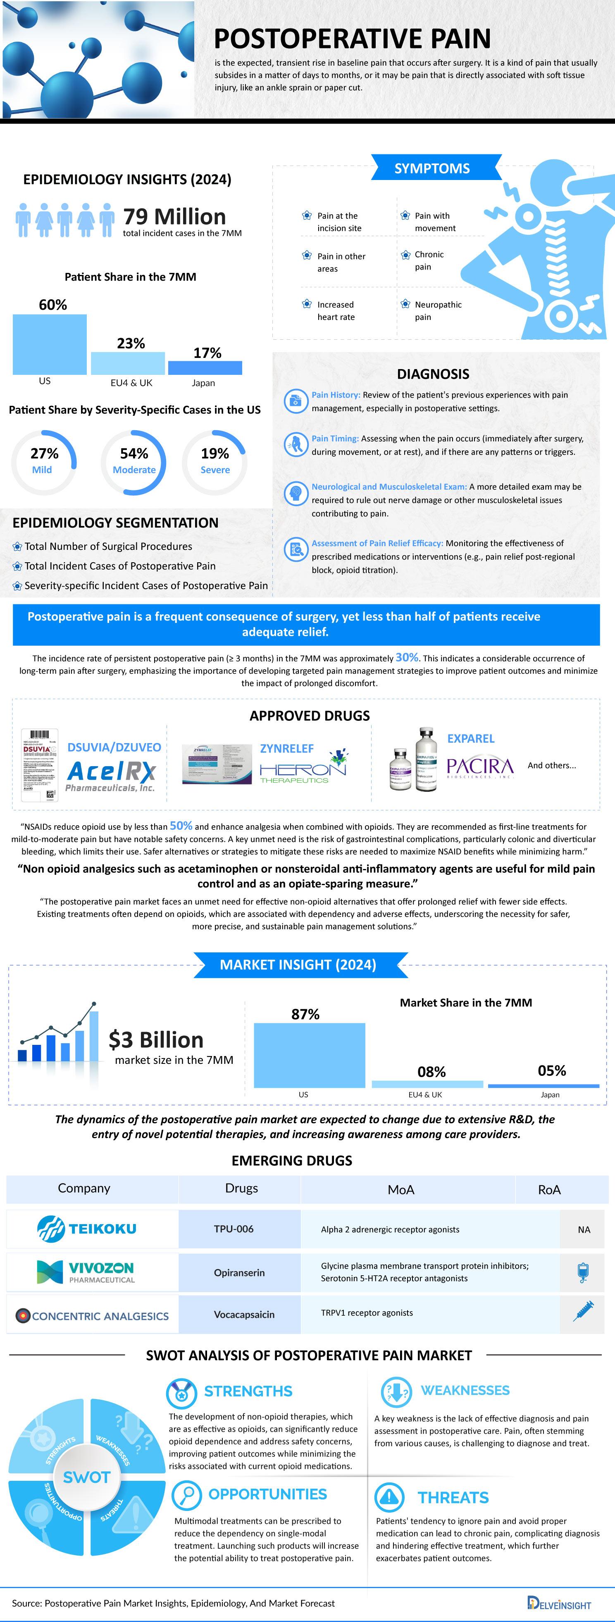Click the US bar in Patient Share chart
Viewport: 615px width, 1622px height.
tap(50, 344)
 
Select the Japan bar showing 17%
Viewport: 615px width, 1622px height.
tap(205, 368)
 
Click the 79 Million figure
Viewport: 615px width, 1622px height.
tap(174, 217)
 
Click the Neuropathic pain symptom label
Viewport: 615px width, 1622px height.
tap(438, 310)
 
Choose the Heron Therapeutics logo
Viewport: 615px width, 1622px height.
tap(303, 772)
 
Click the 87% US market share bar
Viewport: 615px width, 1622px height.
tap(310, 1055)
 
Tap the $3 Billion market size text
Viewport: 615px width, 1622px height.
tap(156, 1040)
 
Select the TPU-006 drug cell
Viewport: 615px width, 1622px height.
tap(234, 1229)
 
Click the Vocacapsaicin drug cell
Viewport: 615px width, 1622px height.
tap(244, 1314)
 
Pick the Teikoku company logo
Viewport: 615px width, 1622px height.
tap(87, 1229)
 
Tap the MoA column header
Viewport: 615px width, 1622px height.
tap(401, 1189)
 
